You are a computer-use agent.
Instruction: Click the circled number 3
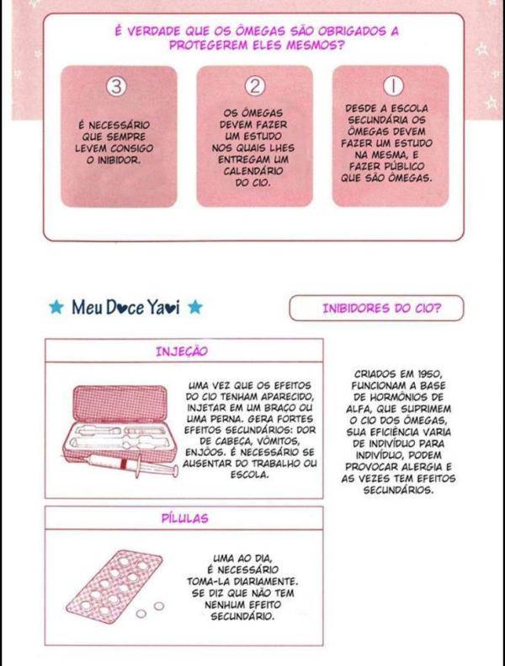pos(116,87)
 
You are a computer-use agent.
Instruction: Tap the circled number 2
pos(255,86)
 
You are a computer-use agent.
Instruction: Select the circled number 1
pos(393,86)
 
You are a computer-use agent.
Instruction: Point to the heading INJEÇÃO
pos(182,352)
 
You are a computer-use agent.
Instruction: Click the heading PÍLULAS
pos(185,518)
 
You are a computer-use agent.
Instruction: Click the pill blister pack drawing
pos(114,587)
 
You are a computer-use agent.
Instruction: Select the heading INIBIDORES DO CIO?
pos(381,309)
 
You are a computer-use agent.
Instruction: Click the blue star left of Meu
pos(56,307)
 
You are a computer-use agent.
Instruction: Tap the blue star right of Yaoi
pos(195,307)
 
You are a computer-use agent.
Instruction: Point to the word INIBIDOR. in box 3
pos(113,160)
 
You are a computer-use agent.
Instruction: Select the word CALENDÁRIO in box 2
pos(253,172)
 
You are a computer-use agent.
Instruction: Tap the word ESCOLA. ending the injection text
pos(250,475)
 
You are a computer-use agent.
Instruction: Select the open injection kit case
pos(120,425)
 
